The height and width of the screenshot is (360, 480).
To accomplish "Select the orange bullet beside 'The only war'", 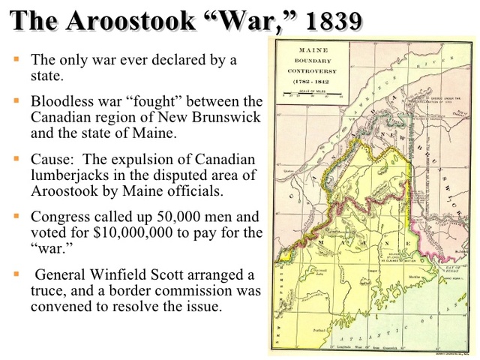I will coord(16,57).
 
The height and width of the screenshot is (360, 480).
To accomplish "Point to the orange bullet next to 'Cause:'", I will coord(16,159).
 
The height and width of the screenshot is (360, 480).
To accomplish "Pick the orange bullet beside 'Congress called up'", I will coord(16,215).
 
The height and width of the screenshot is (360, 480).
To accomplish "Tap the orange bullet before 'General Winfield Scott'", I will coord(16,274).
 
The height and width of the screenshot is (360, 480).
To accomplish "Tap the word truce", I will coord(48,292).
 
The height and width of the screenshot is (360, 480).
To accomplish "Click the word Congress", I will coord(61,216).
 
